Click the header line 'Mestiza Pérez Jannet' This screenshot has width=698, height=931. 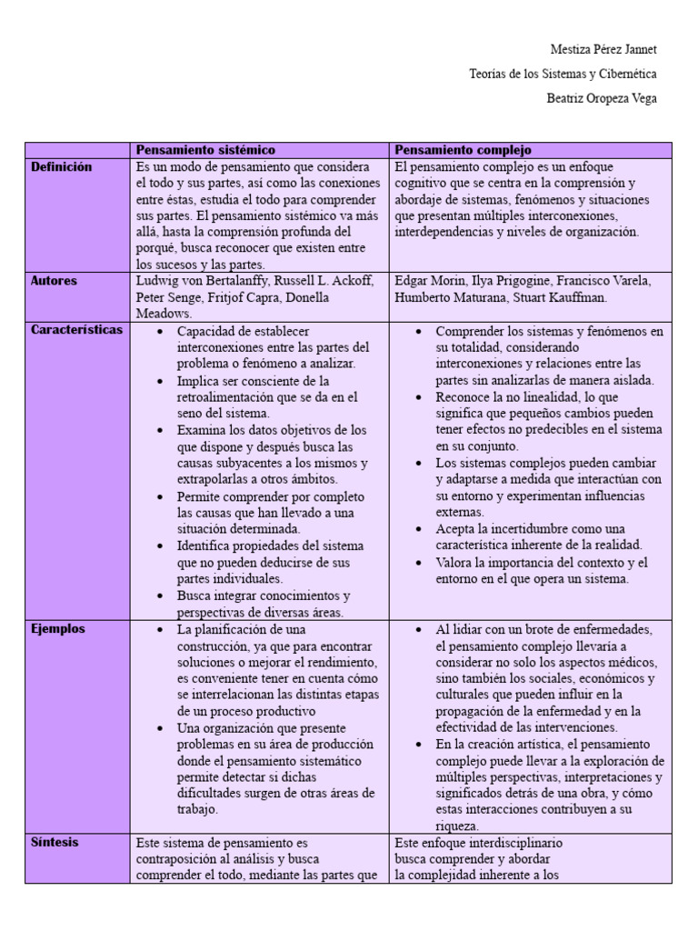click(603, 49)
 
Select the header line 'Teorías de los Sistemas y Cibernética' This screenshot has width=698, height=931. click(563, 74)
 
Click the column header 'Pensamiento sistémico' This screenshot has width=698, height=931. click(205, 150)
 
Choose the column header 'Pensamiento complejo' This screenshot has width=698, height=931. click(464, 150)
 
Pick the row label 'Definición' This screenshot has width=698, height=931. click(62, 167)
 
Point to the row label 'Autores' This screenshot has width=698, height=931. click(55, 281)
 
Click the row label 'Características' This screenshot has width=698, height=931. click(76, 330)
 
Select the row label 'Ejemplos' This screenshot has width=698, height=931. click(58, 628)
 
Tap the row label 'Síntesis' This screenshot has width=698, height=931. click(55, 842)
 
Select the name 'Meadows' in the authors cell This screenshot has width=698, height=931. click(162, 314)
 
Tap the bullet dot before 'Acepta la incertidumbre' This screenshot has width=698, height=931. click(418, 529)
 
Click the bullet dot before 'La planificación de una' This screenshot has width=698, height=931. click(160, 629)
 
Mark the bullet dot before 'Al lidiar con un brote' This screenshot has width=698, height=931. click(418, 629)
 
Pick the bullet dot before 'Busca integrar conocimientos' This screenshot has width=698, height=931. click(160, 596)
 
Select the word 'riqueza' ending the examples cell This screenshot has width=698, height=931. click(456, 826)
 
